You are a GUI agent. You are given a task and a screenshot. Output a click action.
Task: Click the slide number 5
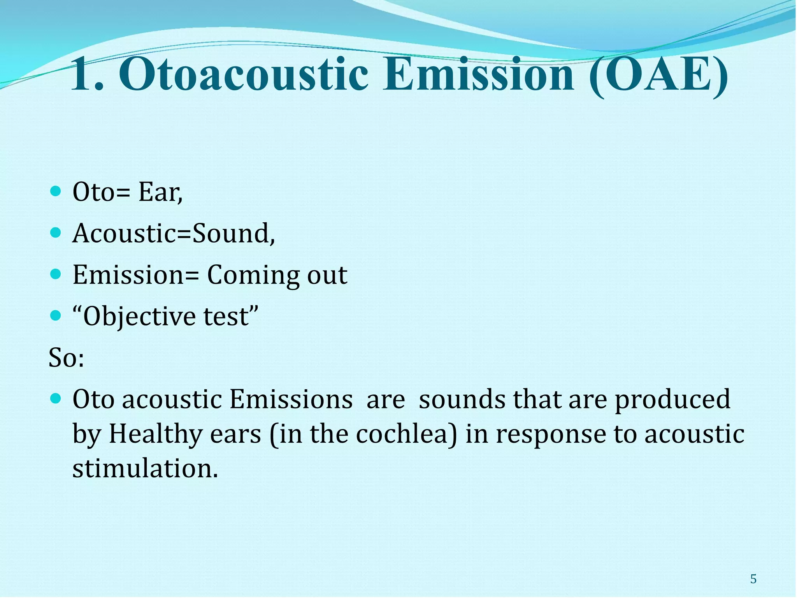click(x=753, y=579)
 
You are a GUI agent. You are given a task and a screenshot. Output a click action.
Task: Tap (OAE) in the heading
click(x=658, y=75)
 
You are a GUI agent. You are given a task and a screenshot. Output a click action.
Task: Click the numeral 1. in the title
click(x=87, y=75)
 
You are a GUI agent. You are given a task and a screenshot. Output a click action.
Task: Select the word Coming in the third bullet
click(x=253, y=276)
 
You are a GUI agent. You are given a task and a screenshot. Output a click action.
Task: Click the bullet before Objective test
click(x=56, y=315)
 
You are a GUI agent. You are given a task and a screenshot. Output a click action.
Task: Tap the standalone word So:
click(x=66, y=358)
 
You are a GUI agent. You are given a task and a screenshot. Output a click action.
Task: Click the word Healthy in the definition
click(x=155, y=434)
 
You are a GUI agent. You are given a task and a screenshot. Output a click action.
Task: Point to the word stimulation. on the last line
click(x=145, y=468)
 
